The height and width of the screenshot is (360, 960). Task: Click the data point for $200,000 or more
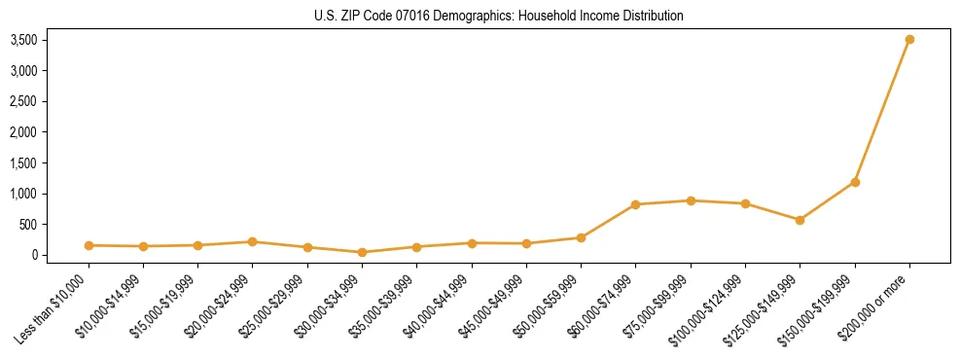(x=909, y=39)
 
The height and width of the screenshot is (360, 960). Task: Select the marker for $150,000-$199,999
(x=855, y=182)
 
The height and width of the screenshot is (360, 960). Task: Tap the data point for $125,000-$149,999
(x=800, y=220)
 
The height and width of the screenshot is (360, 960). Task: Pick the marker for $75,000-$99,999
(x=691, y=200)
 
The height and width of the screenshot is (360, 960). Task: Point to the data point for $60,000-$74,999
(x=635, y=204)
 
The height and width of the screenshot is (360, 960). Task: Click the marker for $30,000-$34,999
(x=362, y=252)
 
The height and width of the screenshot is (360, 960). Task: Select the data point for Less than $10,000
(x=89, y=245)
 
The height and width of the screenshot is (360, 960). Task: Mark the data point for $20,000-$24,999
(x=253, y=241)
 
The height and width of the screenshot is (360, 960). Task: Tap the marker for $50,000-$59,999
(x=581, y=237)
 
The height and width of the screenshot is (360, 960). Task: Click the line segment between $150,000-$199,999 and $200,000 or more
(x=882, y=110)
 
